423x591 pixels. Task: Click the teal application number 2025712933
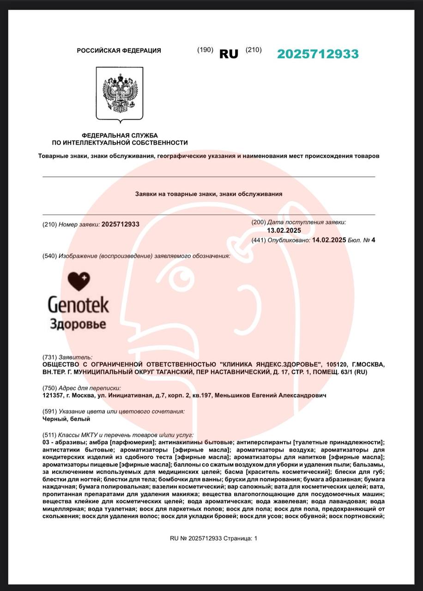click(318, 54)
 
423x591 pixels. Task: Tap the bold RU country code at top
click(229, 54)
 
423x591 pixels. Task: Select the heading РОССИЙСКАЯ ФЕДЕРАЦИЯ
click(119, 51)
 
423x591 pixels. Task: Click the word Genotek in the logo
click(79, 305)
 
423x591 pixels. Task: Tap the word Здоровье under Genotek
click(78, 323)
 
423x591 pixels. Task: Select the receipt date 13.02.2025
click(284, 230)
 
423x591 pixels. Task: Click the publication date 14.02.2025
click(329, 240)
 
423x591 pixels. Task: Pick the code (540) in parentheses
click(49, 256)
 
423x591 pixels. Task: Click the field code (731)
click(49, 357)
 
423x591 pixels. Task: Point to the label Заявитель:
click(75, 357)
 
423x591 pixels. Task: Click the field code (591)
click(49, 411)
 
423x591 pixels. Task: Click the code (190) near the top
click(205, 50)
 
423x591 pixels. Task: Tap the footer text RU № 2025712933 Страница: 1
click(213, 538)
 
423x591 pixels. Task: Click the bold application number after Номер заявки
click(120, 224)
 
